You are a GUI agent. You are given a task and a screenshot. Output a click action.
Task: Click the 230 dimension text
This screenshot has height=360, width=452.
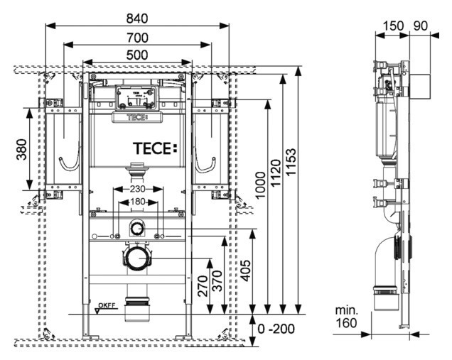[137, 190]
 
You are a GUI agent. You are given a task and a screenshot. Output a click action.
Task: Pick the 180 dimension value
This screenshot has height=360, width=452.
[137, 202]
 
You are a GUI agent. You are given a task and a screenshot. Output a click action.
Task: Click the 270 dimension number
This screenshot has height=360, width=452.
[203, 285]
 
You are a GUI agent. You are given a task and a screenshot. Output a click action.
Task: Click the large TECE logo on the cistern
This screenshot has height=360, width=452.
[153, 149]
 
